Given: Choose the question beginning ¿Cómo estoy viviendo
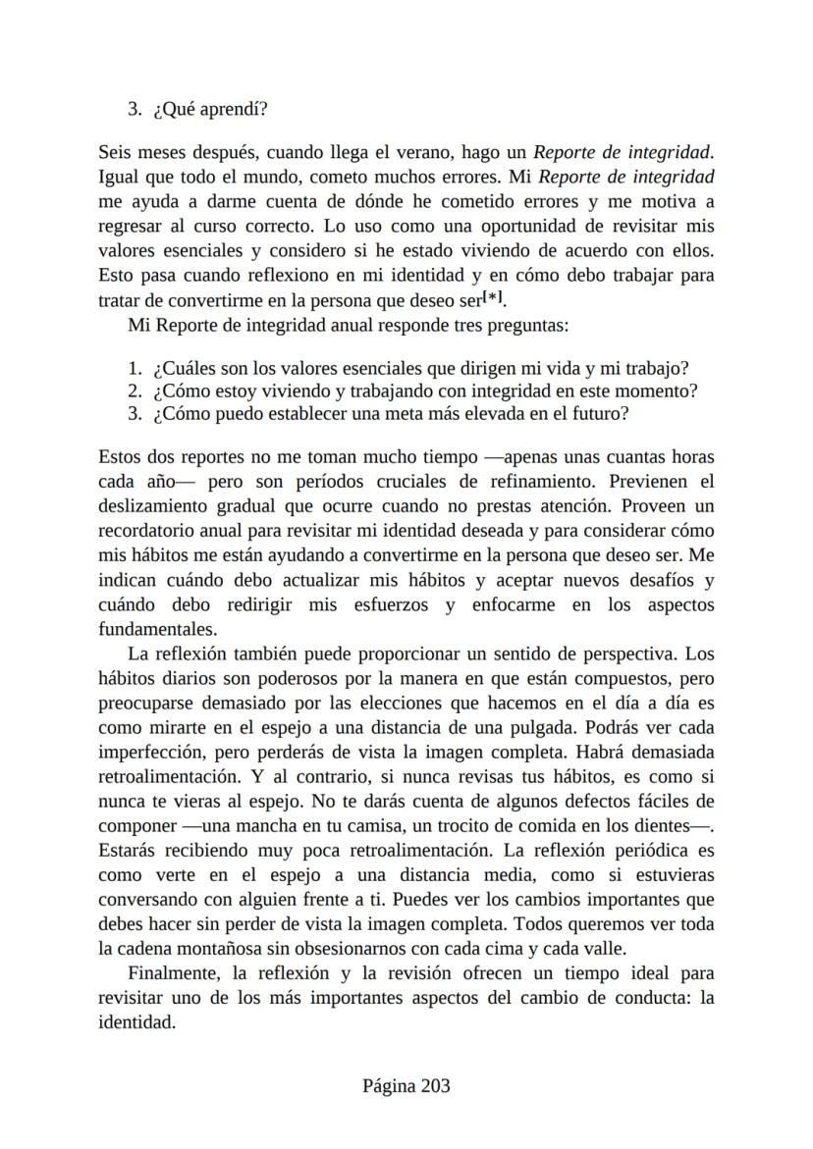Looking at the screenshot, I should click(425, 391).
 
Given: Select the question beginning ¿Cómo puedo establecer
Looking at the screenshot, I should click(391, 413).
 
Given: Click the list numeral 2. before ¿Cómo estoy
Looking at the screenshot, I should click(135, 391).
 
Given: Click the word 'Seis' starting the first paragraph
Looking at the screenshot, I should click(115, 153).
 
